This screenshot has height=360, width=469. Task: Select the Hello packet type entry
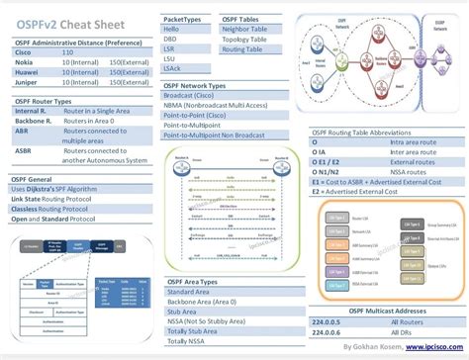(175, 30)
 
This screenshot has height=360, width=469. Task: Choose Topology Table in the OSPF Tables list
(243, 39)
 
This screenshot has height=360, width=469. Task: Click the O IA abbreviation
(319, 151)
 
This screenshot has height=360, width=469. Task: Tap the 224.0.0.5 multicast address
(328, 320)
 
